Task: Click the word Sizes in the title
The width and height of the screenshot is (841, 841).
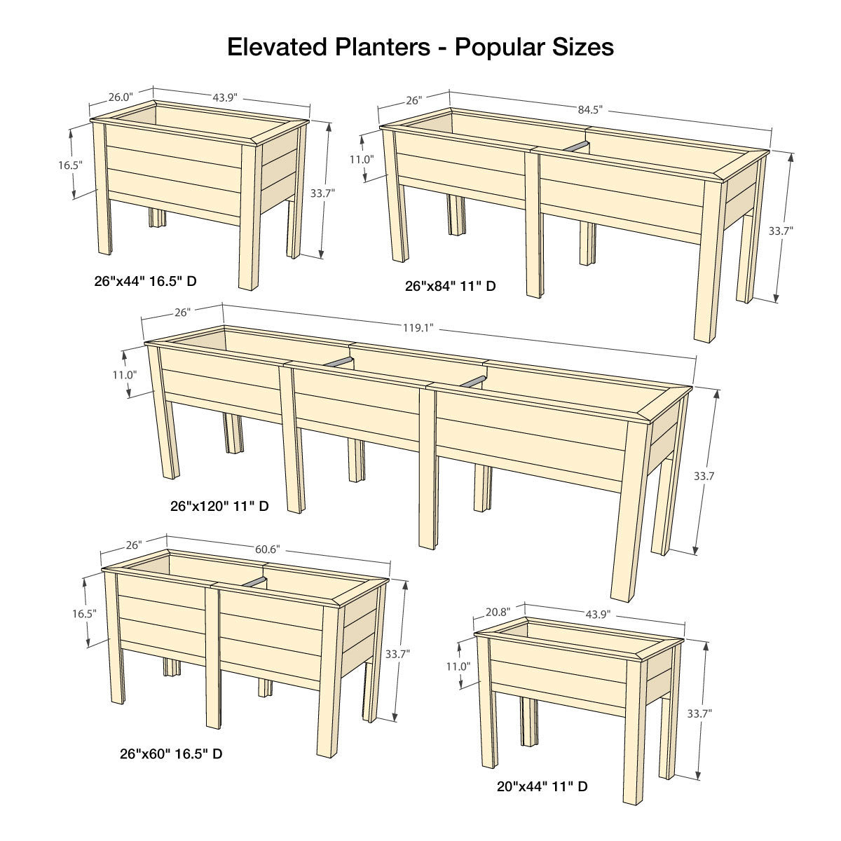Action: click(581, 47)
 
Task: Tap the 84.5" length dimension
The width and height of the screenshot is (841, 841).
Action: click(590, 109)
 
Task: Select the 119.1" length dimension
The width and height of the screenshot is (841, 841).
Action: click(419, 327)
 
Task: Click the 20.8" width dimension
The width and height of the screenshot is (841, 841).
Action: click(497, 611)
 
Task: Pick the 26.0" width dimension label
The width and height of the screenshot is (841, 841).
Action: click(120, 97)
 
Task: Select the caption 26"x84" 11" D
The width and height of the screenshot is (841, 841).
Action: click(451, 286)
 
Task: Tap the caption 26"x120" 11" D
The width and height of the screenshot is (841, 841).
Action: click(219, 505)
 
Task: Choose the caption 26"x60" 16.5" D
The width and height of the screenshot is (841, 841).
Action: click(171, 754)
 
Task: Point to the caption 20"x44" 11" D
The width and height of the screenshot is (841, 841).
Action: click(542, 787)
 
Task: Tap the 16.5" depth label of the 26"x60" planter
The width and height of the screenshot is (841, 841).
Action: click(84, 613)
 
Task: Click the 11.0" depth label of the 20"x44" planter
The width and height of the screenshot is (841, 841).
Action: click(457, 666)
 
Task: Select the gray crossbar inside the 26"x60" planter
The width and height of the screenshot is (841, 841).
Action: click(255, 581)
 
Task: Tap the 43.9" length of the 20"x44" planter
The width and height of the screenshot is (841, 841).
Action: click(598, 614)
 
